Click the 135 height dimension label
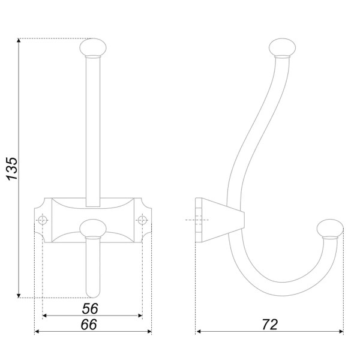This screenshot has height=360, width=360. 12,169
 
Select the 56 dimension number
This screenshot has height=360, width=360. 90,308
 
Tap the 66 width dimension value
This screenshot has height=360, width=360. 89,325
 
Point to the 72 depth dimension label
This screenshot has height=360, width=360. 269,325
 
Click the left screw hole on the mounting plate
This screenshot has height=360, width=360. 43,220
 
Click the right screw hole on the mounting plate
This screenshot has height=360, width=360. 142,220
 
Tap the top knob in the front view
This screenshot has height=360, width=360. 93,47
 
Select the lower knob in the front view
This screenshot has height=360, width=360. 93,228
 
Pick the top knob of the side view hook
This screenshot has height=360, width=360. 282,47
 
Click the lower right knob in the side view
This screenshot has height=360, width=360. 330,229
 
